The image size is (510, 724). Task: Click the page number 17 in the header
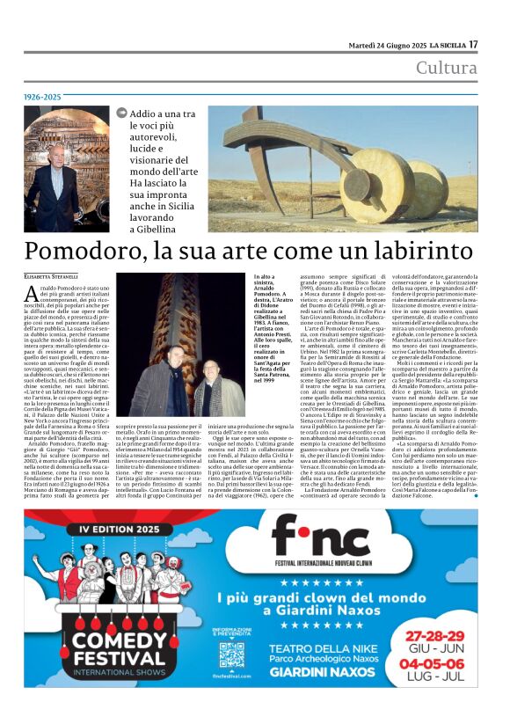472,44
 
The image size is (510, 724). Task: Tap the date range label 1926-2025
42,97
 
